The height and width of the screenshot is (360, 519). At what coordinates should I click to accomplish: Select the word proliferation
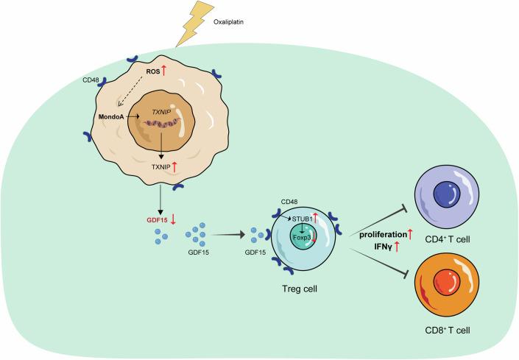pyautogui.click(x=381, y=234)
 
